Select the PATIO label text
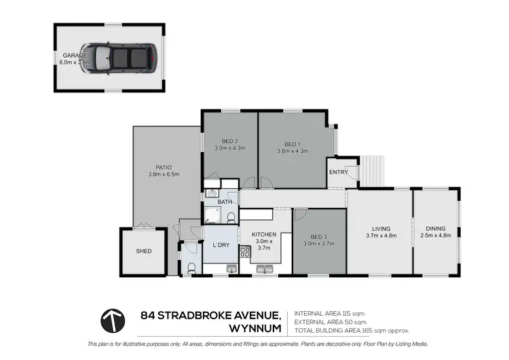[x=163, y=167]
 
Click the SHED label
[x=143, y=251]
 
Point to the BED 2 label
[x=229, y=141]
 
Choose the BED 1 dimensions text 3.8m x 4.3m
[x=292, y=151]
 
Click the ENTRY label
[x=338, y=173]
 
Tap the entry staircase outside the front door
[x=372, y=170]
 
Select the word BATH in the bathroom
[x=225, y=202]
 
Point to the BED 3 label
[x=318, y=236]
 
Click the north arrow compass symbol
[x=113, y=320]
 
